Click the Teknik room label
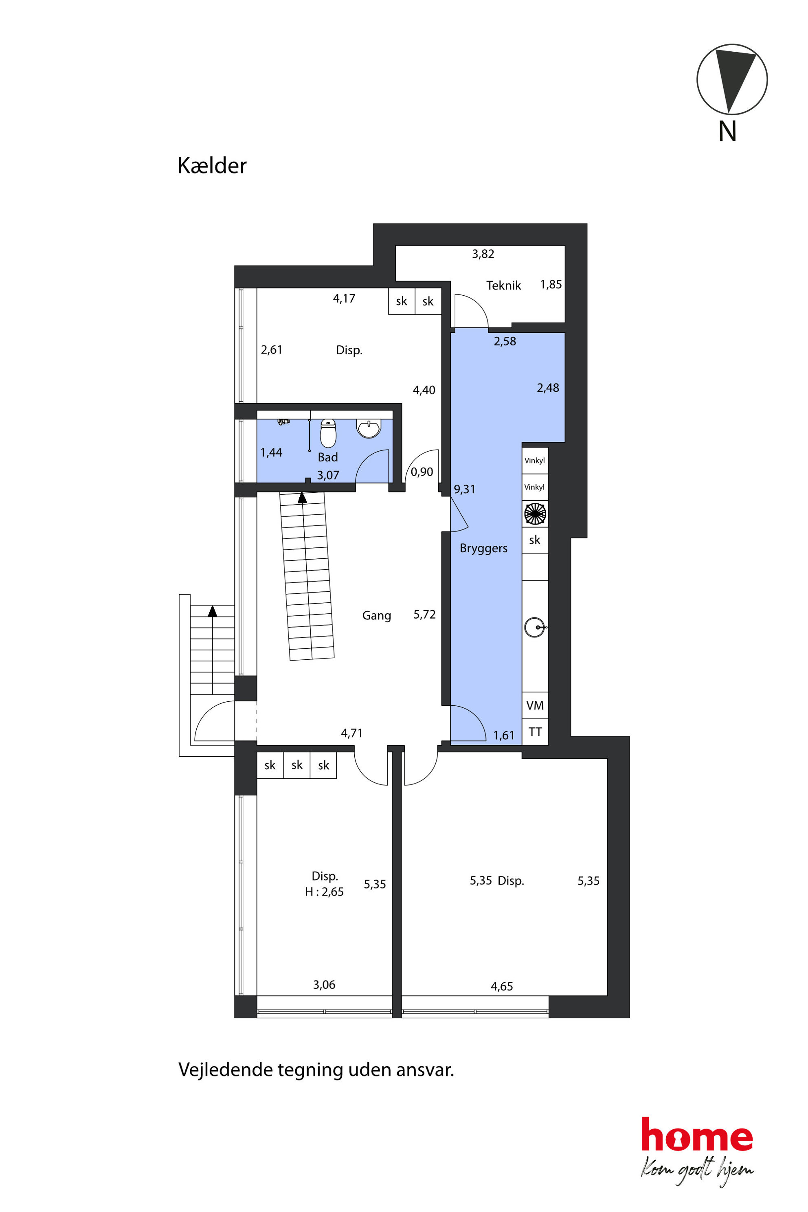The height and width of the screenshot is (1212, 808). coord(503,285)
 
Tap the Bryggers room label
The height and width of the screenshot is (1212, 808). coord(483,548)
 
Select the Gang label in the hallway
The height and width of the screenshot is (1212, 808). coord(377,615)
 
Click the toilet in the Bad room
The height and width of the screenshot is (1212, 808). coord(328,433)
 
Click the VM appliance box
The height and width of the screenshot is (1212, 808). coord(535,705)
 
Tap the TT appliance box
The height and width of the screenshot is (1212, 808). coord(535,732)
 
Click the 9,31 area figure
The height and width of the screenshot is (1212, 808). coord(464,489)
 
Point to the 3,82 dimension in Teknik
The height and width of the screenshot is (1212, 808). coord(483,254)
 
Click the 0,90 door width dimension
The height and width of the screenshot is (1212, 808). coord(422,472)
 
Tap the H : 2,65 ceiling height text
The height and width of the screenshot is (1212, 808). coord(324,892)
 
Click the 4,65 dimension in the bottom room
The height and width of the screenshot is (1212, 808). coord(501,986)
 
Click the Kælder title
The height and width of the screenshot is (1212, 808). coord(212,165)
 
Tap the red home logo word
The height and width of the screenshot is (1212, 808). coord(697,1135)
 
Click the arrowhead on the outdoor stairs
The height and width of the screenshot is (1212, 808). coord(212,610)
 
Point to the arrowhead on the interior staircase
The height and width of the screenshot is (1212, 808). coord(303,497)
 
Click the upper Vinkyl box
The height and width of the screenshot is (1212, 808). coord(535,461)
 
